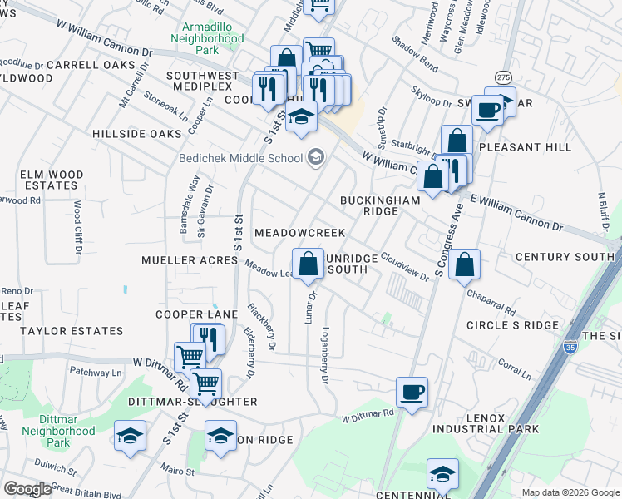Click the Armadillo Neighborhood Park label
click(x=207, y=38)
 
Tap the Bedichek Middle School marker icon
click(x=316, y=156)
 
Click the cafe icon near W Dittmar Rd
click(x=412, y=391)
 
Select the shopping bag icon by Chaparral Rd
click(x=466, y=265)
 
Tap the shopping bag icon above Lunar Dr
click(x=308, y=264)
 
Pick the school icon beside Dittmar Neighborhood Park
click(x=130, y=436)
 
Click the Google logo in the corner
click(x=27, y=489)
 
